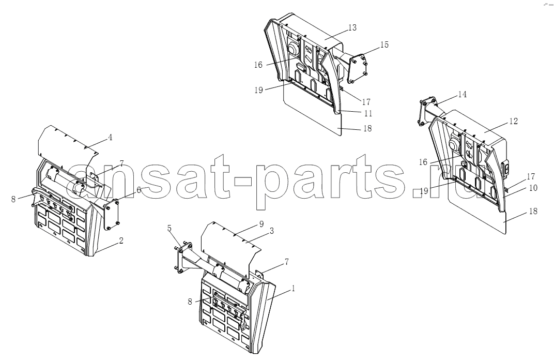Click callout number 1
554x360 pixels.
[293, 289]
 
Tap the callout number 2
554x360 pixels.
[121, 241]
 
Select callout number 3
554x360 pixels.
[272, 231]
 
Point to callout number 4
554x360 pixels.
[110, 137]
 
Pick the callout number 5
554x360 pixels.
[170, 229]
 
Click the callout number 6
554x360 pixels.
[139, 190]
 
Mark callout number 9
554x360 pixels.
[261, 223]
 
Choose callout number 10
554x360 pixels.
[533, 188]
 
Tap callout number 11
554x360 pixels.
[368, 113]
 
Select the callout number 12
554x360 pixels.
[513, 122]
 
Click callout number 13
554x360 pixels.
[352, 27]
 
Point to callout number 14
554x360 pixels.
[462, 95]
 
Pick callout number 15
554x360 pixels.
[384, 45]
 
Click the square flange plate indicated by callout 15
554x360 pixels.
[358, 69]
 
